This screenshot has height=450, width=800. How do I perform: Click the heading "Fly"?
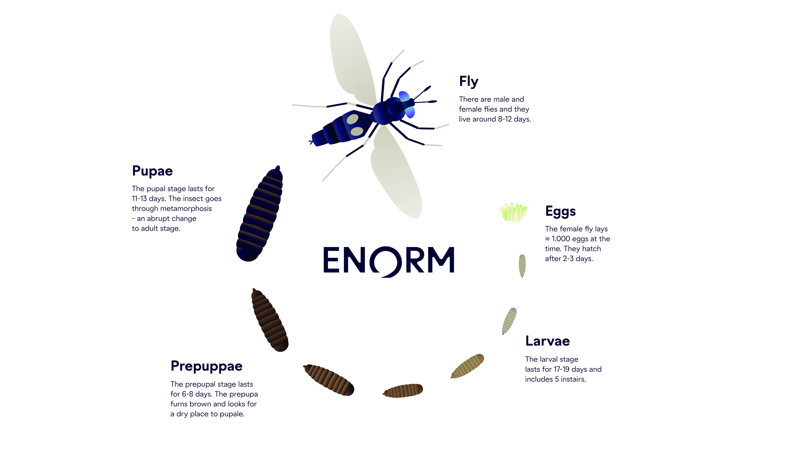(469, 82)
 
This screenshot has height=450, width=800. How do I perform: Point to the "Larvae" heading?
(547, 341)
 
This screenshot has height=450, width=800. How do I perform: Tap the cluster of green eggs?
(513, 212)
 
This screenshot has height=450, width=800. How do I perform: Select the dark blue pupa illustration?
(260, 214)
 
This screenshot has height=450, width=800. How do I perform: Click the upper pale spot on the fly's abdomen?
(352, 119)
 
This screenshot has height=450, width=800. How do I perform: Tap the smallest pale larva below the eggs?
(522, 265)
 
